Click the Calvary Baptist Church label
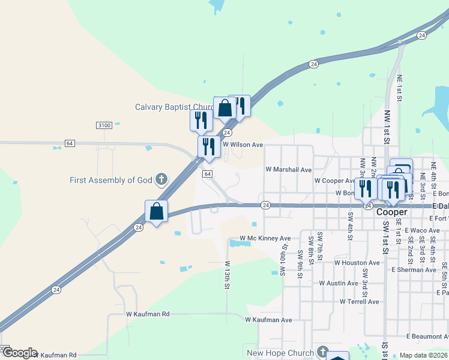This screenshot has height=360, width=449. (x=174, y=107)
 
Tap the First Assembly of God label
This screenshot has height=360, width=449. (x=111, y=180)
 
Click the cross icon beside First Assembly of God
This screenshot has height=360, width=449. (x=161, y=179)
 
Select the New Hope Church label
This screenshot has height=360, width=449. (x=280, y=353)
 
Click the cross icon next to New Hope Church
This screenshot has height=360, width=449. (x=322, y=352)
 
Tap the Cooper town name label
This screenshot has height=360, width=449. (x=392, y=212)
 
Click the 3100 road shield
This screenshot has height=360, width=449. (x=104, y=125)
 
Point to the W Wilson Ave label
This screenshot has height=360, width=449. (x=243, y=145)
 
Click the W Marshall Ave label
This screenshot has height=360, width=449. (x=289, y=170)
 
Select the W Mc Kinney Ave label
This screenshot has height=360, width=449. (x=265, y=239)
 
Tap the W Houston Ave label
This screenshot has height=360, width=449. (x=357, y=263)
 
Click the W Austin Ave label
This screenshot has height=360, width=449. (x=339, y=283)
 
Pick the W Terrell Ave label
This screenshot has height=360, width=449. (x=360, y=302)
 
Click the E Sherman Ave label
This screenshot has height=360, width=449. (x=414, y=270)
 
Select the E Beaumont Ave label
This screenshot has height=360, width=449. (x=427, y=336)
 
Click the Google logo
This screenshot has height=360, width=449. (x=19, y=353)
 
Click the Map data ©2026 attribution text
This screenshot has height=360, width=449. (x=424, y=355)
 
